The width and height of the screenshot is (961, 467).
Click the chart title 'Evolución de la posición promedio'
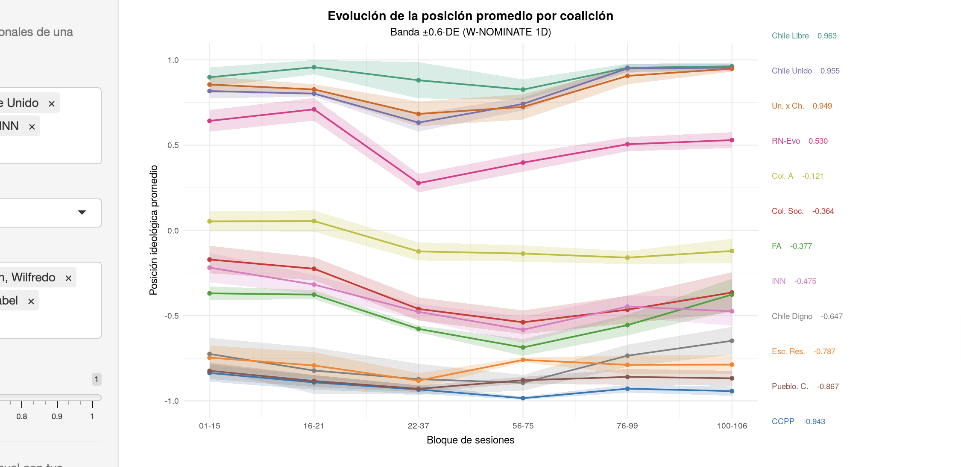470,16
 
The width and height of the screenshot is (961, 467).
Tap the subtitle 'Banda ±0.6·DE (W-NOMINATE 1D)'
470,32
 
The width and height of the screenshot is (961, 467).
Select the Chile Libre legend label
790,36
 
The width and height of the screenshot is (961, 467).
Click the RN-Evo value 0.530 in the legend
817,141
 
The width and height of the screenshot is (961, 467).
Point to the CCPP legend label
783,422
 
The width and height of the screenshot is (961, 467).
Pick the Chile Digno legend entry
791,316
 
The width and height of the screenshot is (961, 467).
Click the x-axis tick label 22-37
418,426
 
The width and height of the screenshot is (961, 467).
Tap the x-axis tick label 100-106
732,426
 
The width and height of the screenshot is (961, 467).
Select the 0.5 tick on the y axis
173,145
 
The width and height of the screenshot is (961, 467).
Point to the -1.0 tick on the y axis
172,401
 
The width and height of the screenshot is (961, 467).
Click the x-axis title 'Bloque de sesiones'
470,440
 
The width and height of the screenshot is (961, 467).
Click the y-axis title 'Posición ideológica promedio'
153,230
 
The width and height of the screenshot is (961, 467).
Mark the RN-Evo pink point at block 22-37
419,183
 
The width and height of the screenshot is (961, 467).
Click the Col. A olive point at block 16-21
314,221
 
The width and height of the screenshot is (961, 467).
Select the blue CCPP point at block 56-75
523,398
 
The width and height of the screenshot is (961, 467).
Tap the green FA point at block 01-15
209,293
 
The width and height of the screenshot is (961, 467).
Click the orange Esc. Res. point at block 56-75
523,360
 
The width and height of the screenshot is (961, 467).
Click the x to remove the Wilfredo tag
68,278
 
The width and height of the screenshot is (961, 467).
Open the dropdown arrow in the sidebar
82,213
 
